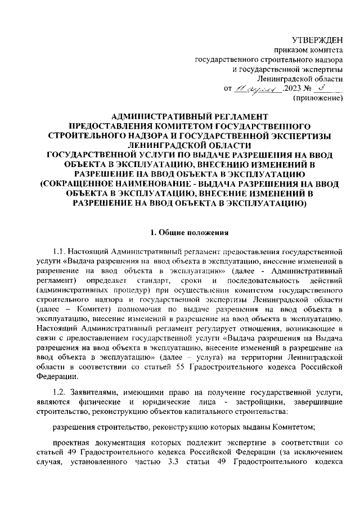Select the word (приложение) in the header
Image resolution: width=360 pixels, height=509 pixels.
click(318, 98)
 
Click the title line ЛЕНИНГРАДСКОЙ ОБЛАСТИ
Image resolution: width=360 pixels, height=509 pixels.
click(185, 145)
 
